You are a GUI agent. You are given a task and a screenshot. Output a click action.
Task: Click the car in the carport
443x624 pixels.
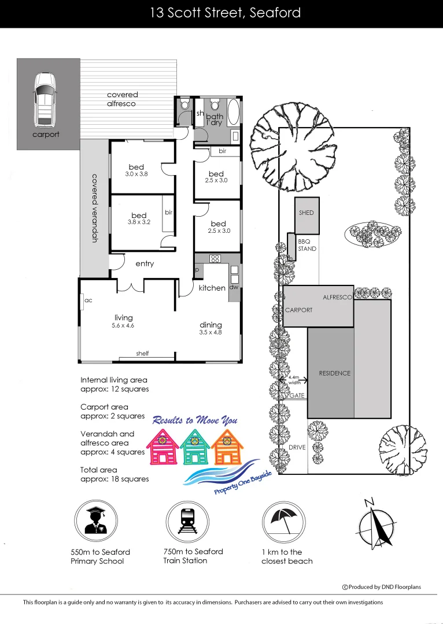pos(45,100)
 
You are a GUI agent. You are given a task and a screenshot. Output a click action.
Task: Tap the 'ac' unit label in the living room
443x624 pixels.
pos(88,300)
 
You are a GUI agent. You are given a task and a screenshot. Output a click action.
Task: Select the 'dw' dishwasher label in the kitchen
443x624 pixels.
pos(234,287)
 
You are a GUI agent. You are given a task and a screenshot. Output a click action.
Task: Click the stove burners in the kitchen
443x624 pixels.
pos(216,258)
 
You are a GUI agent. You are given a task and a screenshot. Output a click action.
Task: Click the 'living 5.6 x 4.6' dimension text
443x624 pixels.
pos(123,322)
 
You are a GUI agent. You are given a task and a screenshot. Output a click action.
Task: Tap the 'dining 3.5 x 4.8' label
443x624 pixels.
pos(210,328)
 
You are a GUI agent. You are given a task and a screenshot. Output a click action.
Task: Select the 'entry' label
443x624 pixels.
pos(145,264)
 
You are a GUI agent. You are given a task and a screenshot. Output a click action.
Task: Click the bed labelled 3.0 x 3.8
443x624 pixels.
pos(137,170)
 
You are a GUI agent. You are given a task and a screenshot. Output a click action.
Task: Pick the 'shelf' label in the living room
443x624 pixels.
pos(142,353)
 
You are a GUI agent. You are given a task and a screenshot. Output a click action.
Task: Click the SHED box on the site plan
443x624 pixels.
pos(307,213)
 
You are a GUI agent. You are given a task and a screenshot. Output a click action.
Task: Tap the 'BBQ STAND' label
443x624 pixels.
pos(307,245)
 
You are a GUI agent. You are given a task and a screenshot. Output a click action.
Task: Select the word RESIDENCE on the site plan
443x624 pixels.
pos(335,373)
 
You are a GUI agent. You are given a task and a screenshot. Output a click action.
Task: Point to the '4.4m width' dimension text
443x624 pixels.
pos(294,379)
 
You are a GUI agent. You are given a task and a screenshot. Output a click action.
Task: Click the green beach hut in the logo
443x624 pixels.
pos(195,449)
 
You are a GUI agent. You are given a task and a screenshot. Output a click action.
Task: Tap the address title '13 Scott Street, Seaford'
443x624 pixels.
pos(225,13)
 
